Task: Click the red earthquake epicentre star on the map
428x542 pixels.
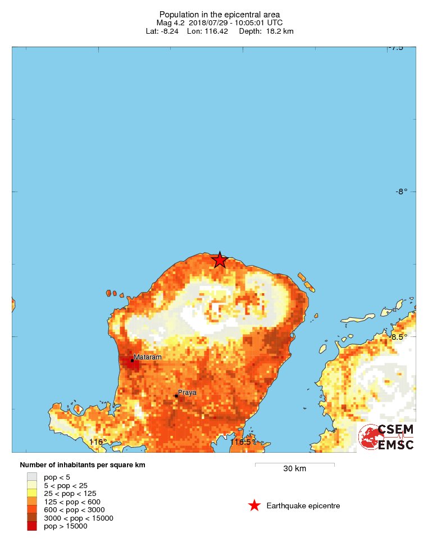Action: pyautogui.click(x=219, y=260)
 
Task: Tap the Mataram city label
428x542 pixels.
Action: pyautogui.click(x=148, y=357)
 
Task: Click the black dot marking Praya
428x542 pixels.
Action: pyautogui.click(x=176, y=396)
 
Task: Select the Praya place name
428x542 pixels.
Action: pyautogui.click(x=187, y=392)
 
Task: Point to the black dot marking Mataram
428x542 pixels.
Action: pyautogui.click(x=132, y=361)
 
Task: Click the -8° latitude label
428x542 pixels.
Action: pyautogui.click(x=401, y=192)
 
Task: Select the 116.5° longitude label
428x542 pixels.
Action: pyautogui.click(x=240, y=442)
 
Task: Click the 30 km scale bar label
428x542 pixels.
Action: pyautogui.click(x=294, y=468)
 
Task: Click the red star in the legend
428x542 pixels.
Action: pyautogui.click(x=254, y=506)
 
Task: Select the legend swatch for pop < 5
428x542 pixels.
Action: pyautogui.click(x=31, y=477)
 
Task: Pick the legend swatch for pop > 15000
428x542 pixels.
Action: pyautogui.click(x=31, y=526)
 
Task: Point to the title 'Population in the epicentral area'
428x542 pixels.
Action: pyautogui.click(x=220, y=15)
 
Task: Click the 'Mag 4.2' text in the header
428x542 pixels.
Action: pyautogui.click(x=171, y=22)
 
